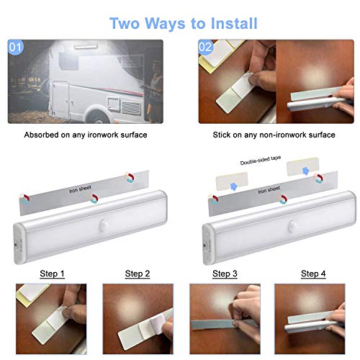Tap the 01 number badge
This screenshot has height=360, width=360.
(15, 49)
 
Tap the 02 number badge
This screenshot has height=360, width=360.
(204, 49)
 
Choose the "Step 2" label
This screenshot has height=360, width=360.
(138, 274)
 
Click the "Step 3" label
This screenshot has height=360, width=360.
(225, 274)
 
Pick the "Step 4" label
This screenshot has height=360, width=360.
(313, 274)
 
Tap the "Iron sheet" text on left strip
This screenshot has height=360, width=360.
(81, 191)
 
